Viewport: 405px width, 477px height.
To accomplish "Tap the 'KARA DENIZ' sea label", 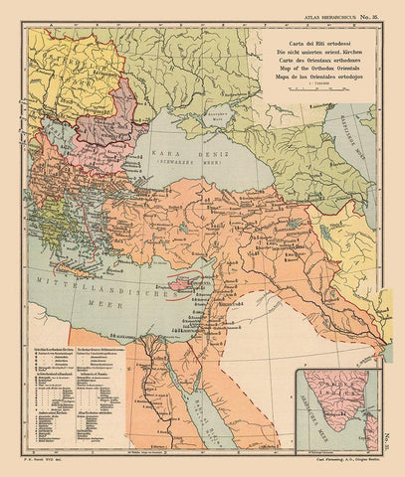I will tap(177, 157).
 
